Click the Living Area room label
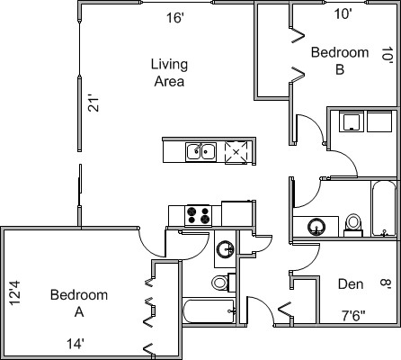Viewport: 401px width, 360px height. pyautogui.click(x=169, y=73)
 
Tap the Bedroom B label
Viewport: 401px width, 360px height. pyautogui.click(x=340, y=61)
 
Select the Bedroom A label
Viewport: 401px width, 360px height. pyautogui.click(x=79, y=303)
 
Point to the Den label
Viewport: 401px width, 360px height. pyautogui.click(x=351, y=283)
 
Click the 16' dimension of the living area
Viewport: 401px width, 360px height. pyautogui.click(x=175, y=18)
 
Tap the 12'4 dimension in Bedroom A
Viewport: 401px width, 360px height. pyautogui.click(x=14, y=292)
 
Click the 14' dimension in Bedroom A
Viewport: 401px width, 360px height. pyautogui.click(x=75, y=344)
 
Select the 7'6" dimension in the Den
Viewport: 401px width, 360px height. pyautogui.click(x=353, y=315)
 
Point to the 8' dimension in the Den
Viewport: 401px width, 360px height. pyautogui.click(x=386, y=283)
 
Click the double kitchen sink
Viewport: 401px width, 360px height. pyautogui.click(x=200, y=152)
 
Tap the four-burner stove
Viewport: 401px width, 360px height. pyautogui.click(x=198, y=215)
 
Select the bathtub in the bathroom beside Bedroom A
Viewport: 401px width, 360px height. pyautogui.click(x=209, y=311)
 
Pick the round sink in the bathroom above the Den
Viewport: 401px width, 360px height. pyautogui.click(x=316, y=227)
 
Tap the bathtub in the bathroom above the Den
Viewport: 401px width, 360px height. pyautogui.click(x=384, y=209)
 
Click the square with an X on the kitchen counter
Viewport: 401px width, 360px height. pyautogui.click(x=236, y=152)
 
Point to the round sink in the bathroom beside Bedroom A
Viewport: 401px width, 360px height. pyautogui.click(x=226, y=249)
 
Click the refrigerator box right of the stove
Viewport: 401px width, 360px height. pyautogui.click(x=237, y=213)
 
